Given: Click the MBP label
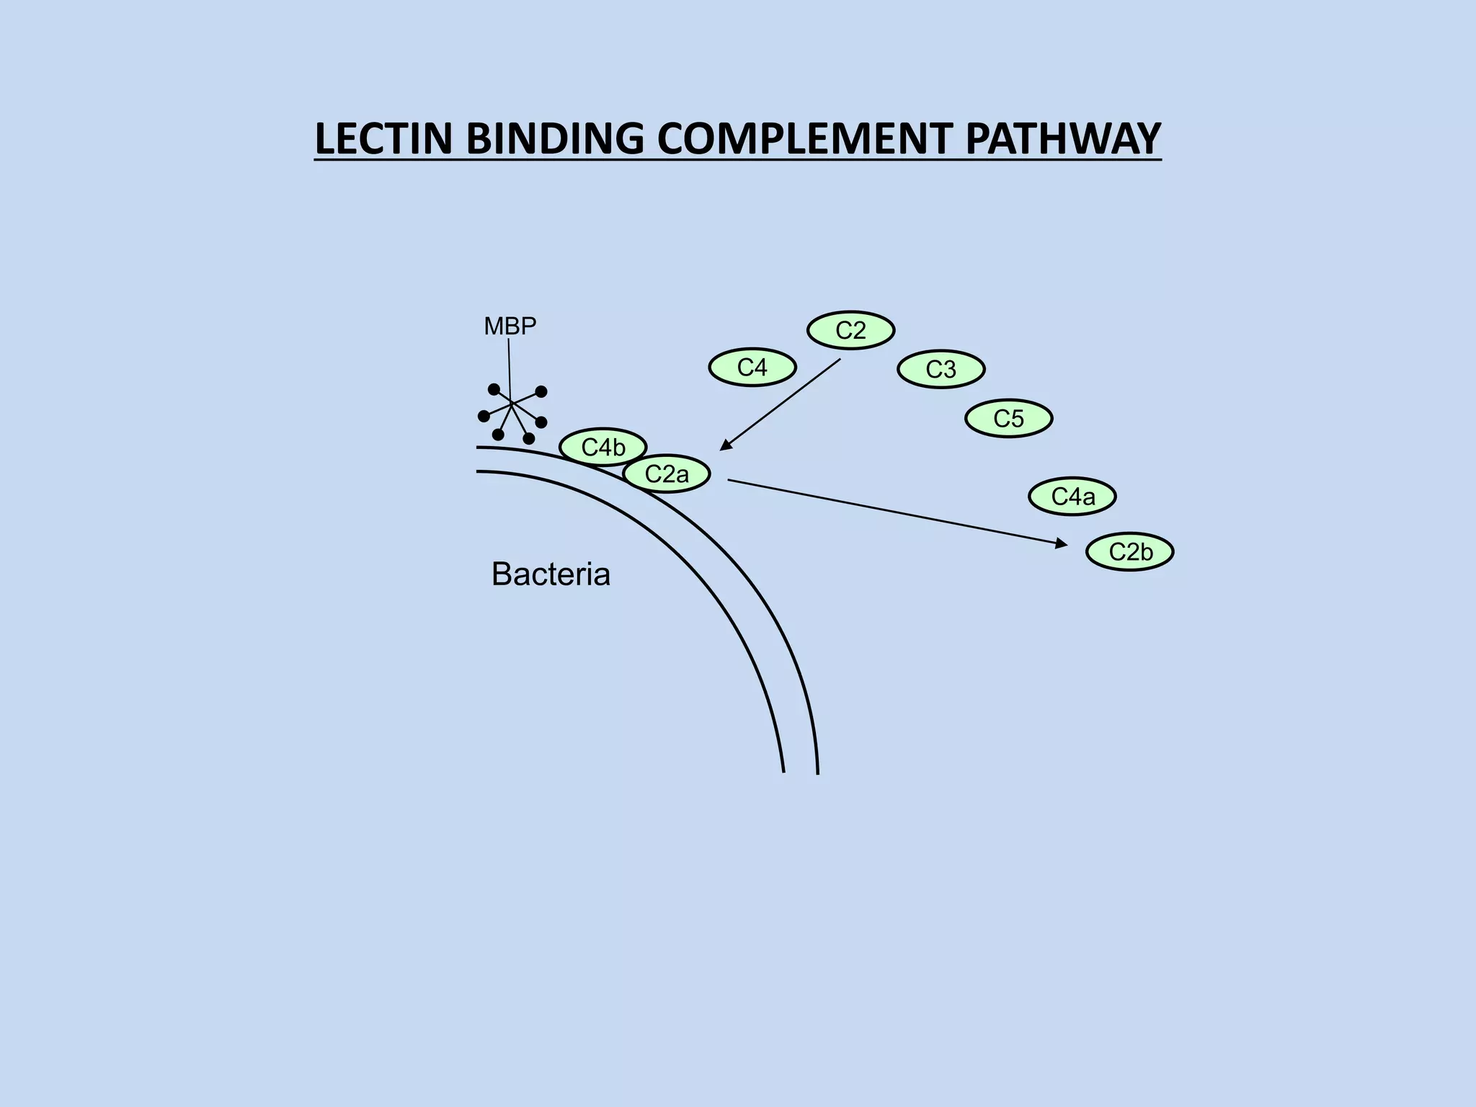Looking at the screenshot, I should pyautogui.click(x=510, y=326).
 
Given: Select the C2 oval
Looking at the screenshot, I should pyautogui.click(x=850, y=331).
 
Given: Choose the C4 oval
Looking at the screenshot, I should pyautogui.click(x=752, y=368).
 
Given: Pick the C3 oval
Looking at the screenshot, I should pyautogui.click(x=941, y=370).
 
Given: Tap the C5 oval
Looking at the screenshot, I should pyautogui.click(x=1008, y=419).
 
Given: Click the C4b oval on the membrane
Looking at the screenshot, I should pyautogui.click(x=603, y=448).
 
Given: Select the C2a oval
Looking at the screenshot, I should pyautogui.click(x=667, y=474).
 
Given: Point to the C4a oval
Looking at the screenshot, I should pyautogui.click(x=1072, y=497).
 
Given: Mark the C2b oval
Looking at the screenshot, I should pyautogui.click(x=1130, y=552).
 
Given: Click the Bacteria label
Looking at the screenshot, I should pyautogui.click(x=551, y=574).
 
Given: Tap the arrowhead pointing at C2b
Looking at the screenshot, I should pyautogui.click(x=1062, y=544).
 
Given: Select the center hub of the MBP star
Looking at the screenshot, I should pyautogui.click(x=512, y=405).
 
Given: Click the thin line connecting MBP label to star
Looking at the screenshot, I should pyautogui.click(x=510, y=368).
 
